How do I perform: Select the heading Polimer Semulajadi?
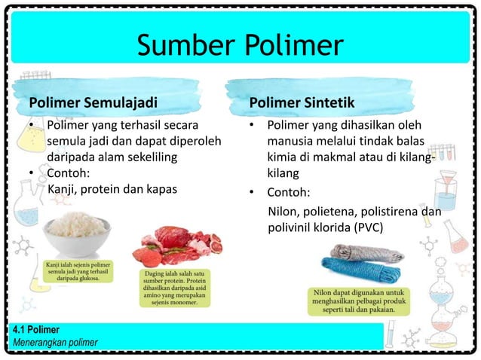coord(93,102)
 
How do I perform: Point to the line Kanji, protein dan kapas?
coord(112,189)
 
